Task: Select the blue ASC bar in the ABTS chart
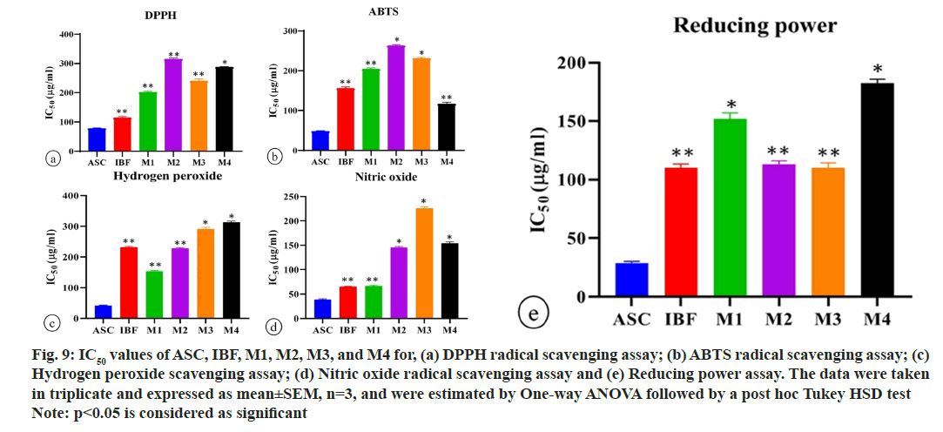point(320,138)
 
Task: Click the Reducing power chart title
point(755,26)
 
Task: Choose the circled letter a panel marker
point(54,158)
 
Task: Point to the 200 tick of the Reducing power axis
point(575,64)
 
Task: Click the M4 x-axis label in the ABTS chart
point(448,161)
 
